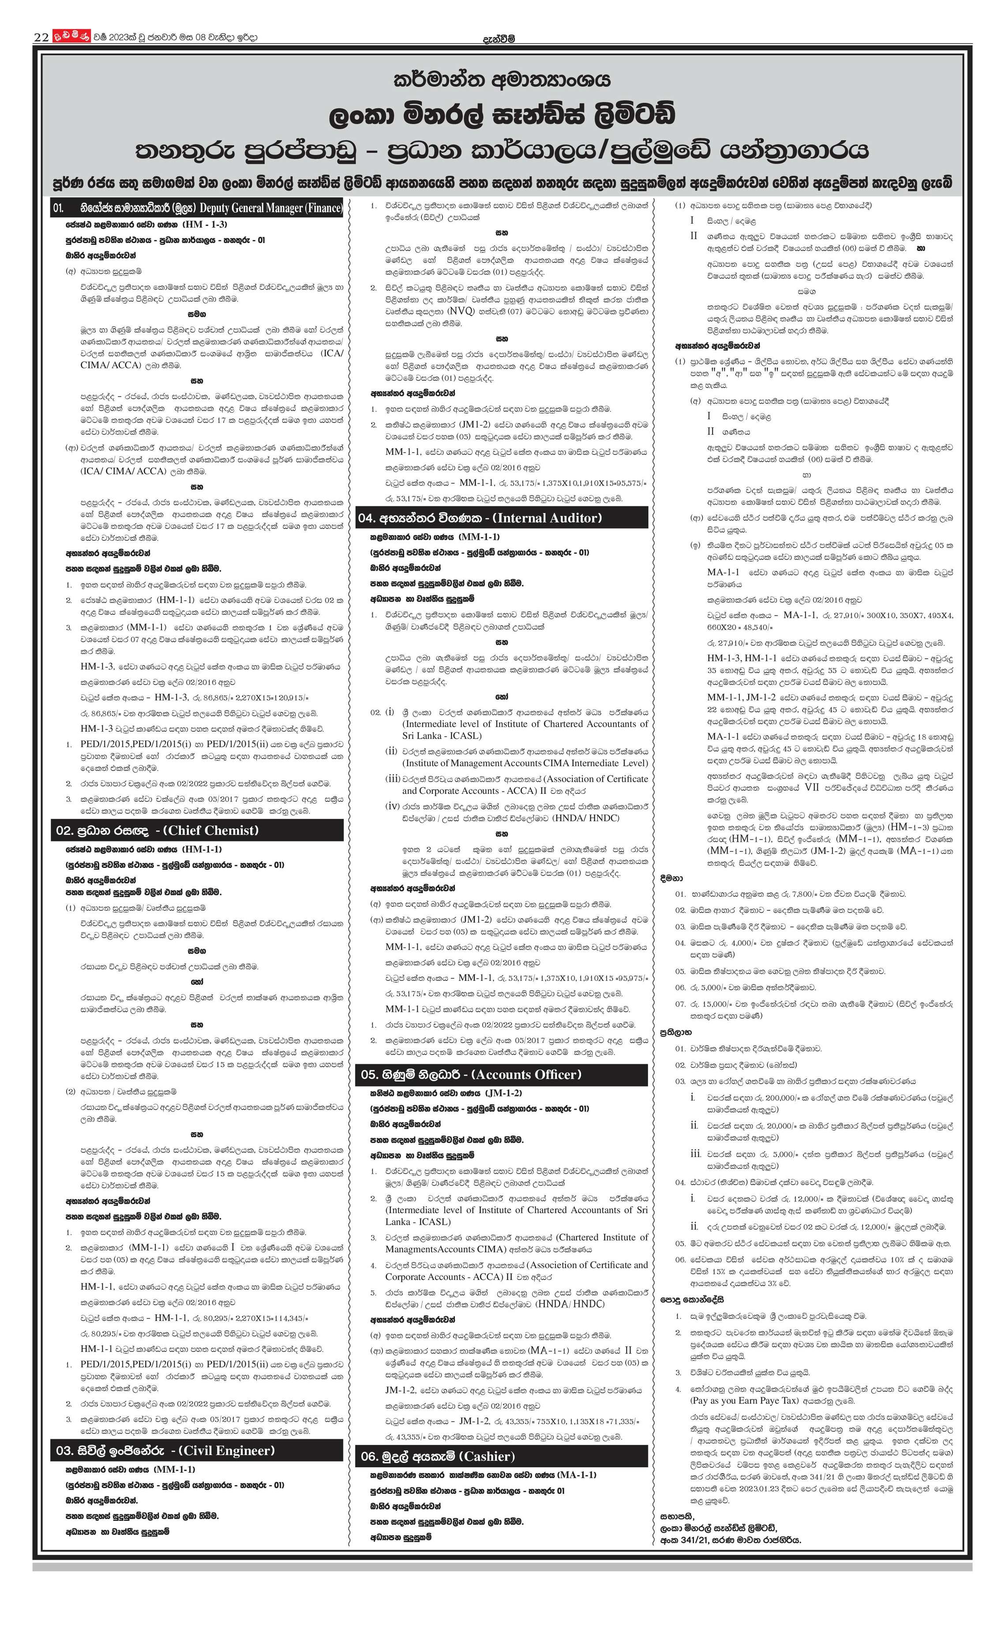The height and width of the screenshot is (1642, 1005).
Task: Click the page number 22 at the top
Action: [41, 37]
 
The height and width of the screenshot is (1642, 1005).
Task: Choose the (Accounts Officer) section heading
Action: [528, 1075]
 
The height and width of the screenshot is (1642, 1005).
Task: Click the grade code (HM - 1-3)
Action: [200, 225]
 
